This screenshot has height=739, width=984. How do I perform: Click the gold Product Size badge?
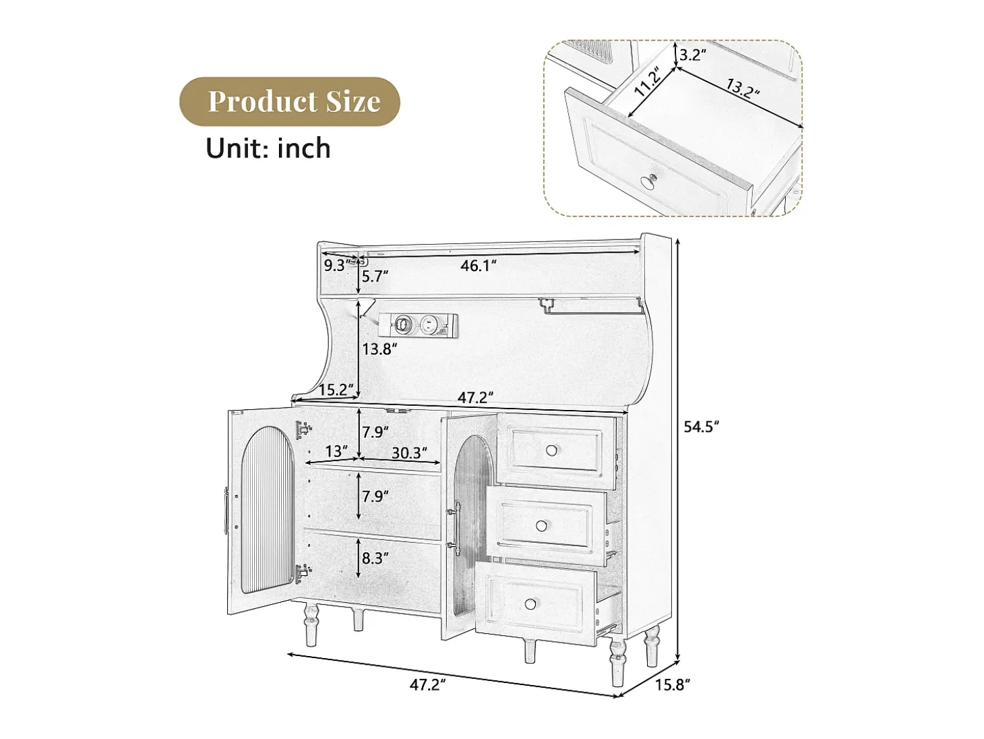point(290,101)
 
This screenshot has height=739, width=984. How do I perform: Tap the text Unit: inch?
point(268,148)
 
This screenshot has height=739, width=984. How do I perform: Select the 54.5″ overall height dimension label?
point(701,426)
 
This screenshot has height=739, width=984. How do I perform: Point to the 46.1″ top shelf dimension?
point(479,266)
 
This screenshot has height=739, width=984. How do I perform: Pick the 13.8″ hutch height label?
point(379,349)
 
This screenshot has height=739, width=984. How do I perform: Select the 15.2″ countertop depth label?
point(336,390)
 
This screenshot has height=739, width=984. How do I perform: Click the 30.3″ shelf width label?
point(409,453)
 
